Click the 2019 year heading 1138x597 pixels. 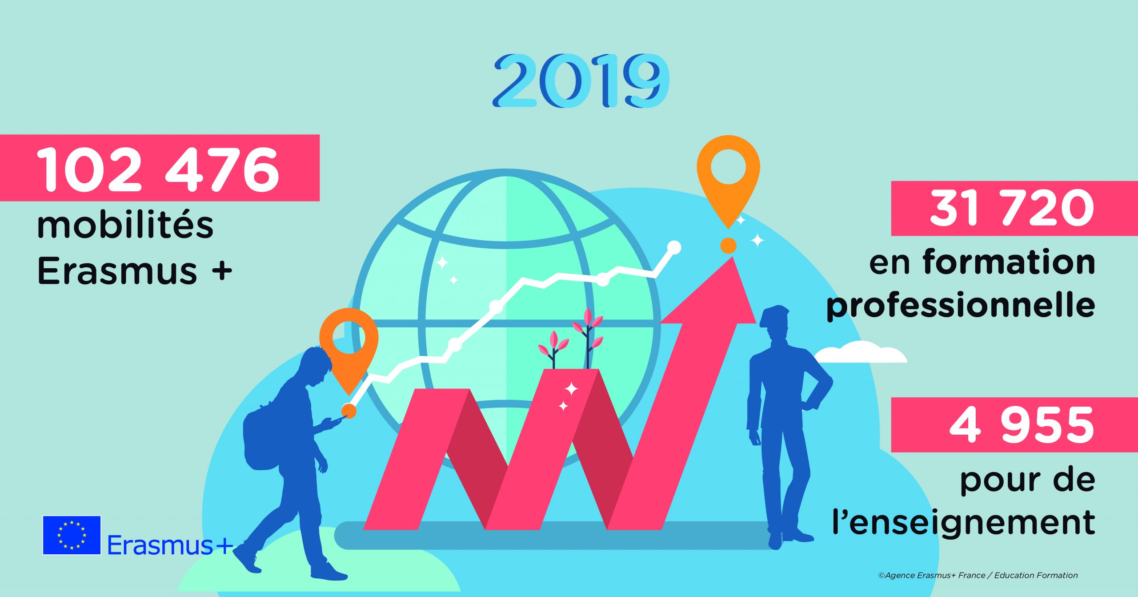pos(581,81)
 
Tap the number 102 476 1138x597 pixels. pos(158,169)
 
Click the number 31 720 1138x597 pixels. pos(1012,208)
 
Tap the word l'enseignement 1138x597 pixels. pos(964,521)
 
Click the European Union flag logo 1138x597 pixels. pos(72,535)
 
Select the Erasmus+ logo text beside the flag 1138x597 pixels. pos(170,545)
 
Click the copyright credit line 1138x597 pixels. pos(978,575)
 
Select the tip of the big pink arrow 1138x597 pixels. pos(731,257)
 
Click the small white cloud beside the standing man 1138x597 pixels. pos(860,352)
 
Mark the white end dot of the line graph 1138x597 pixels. pos(674,247)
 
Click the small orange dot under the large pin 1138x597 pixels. pos(728,245)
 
